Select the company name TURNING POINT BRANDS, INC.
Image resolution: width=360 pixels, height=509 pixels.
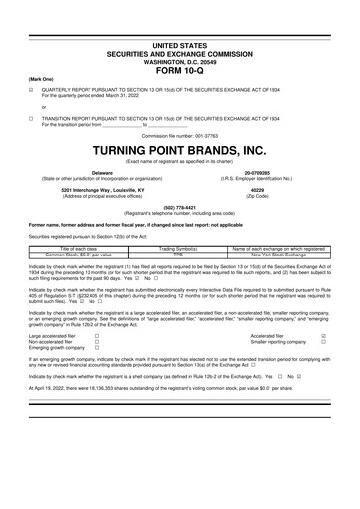pos(179,150)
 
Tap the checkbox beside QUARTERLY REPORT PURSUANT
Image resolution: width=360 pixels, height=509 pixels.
pos(31,87)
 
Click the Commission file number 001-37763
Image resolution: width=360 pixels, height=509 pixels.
pos(179,135)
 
